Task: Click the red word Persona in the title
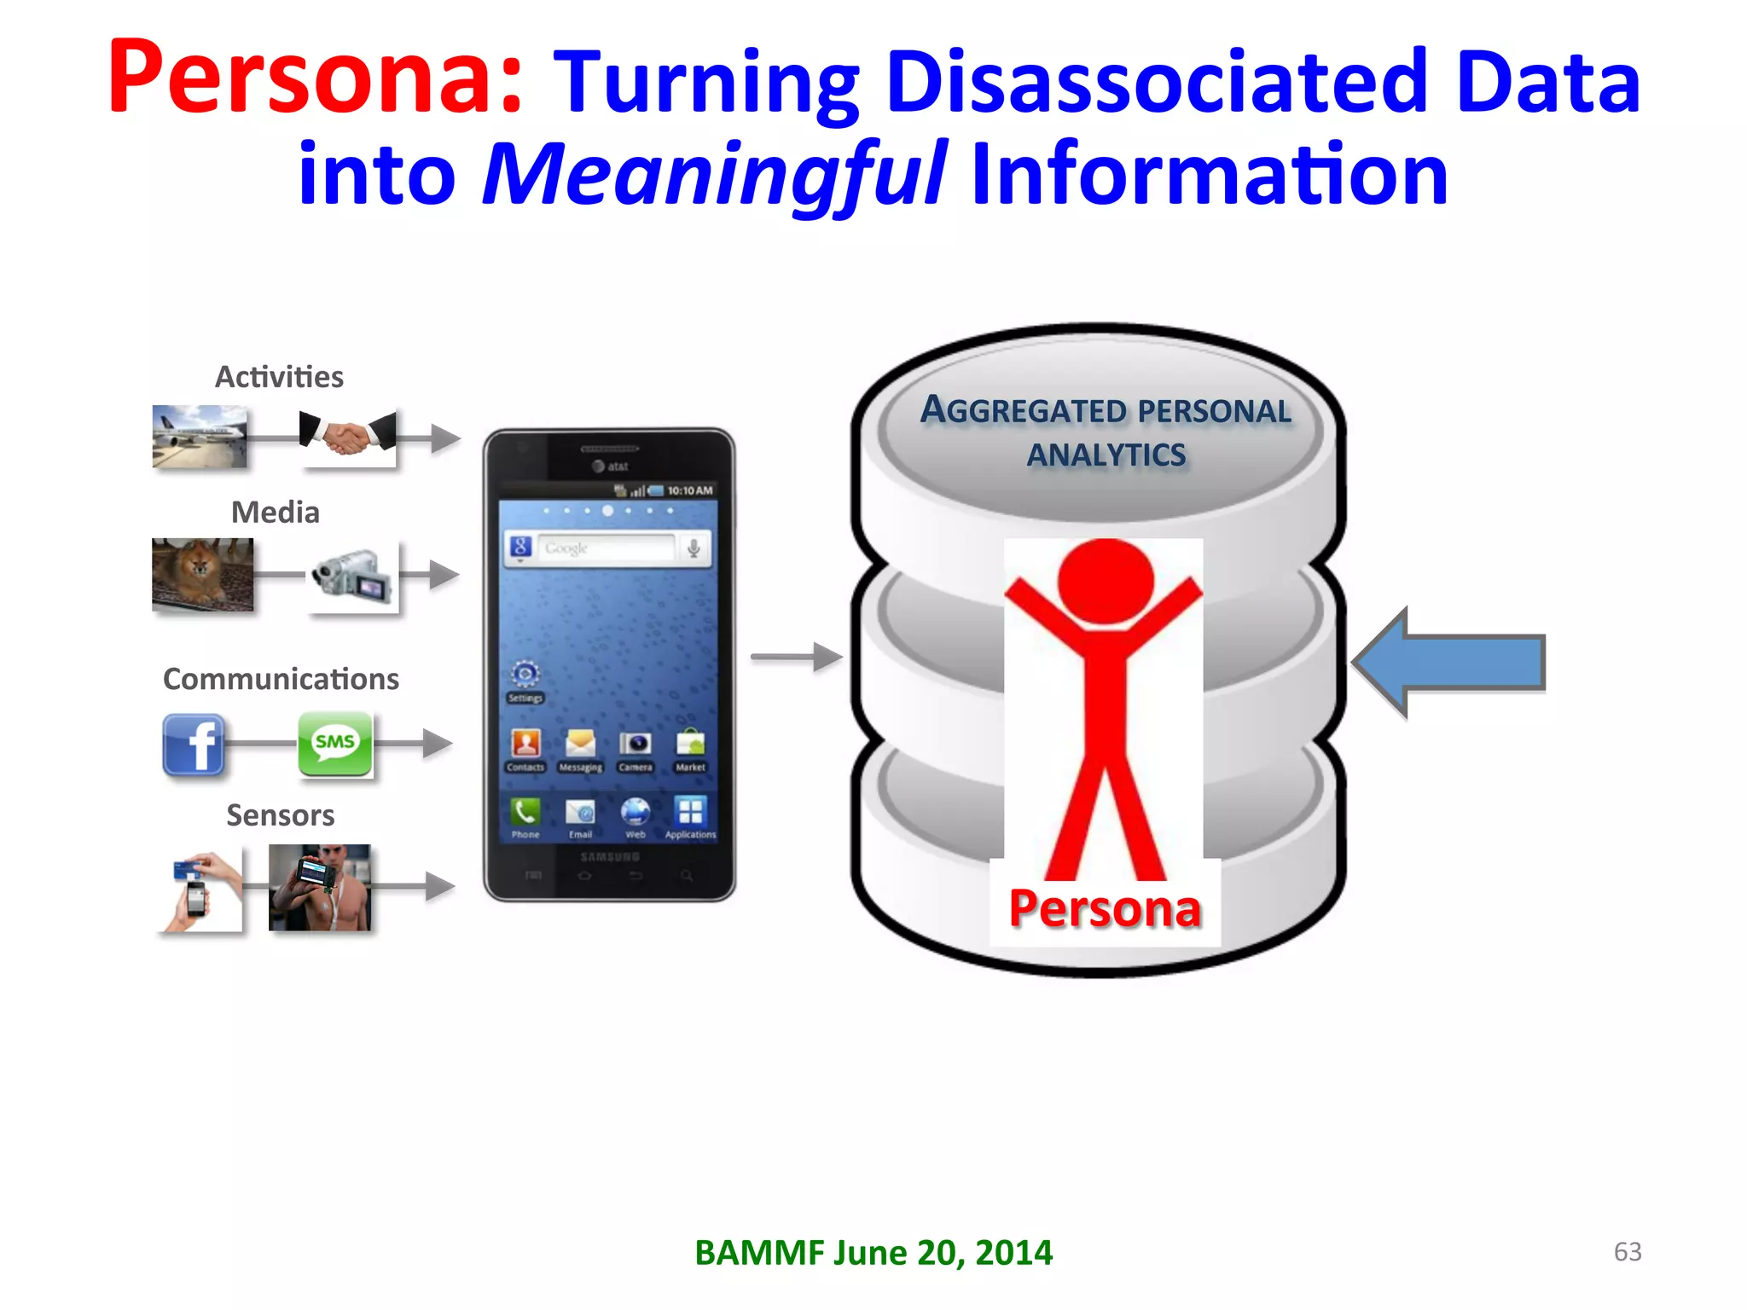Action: point(314,78)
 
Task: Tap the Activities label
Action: point(279,377)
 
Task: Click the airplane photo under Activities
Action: point(200,436)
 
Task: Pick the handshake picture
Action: point(348,438)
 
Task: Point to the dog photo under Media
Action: point(202,573)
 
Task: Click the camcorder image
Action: point(353,576)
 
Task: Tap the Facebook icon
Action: point(194,745)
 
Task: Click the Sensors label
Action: point(280,815)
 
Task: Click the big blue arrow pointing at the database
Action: point(1450,663)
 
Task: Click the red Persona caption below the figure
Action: point(1105,908)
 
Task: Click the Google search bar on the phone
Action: point(606,548)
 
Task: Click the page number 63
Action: point(1628,1251)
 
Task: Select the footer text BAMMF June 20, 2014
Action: point(873,1252)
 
